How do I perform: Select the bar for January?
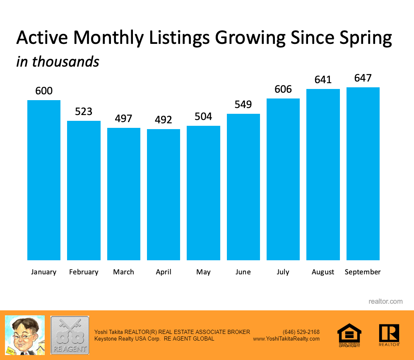tap(44, 180)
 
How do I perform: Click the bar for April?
tap(164, 194)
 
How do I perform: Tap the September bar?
tap(363, 174)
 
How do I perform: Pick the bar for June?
tap(243, 187)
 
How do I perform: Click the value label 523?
tap(84, 111)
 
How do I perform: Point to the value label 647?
tap(363, 78)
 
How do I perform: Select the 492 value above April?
tap(164, 120)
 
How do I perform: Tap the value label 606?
tap(283, 89)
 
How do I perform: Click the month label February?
tap(84, 272)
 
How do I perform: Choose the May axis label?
tap(203, 272)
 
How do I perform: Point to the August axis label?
tap(323, 272)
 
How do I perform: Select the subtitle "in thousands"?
tap(58, 61)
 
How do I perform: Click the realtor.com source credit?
tap(385, 301)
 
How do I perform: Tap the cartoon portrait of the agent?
tap(24, 334)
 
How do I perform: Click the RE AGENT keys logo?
tap(70, 335)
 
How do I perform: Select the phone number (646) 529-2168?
tap(301, 332)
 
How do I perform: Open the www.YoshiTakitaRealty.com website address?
tap(286, 338)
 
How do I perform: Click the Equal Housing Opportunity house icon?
tap(349, 334)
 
